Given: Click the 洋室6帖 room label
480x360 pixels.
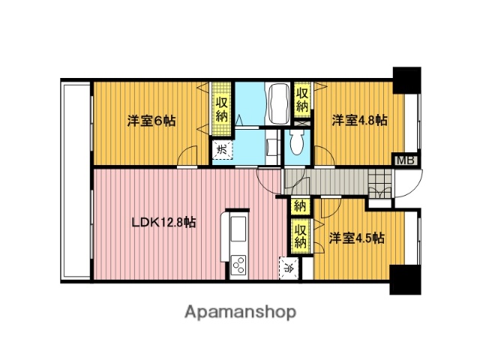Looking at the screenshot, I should click(151, 120).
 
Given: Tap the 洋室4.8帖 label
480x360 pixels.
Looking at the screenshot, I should click(359, 120).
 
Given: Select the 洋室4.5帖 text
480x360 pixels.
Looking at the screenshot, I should click(357, 238).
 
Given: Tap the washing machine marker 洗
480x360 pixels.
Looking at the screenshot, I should click(221, 149).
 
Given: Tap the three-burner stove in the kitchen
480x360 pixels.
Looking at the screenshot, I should click(238, 265).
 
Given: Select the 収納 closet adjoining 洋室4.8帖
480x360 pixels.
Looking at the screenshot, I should click(302, 100).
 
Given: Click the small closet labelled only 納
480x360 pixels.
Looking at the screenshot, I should click(300, 205).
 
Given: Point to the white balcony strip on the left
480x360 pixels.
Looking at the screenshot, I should click(75, 180).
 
